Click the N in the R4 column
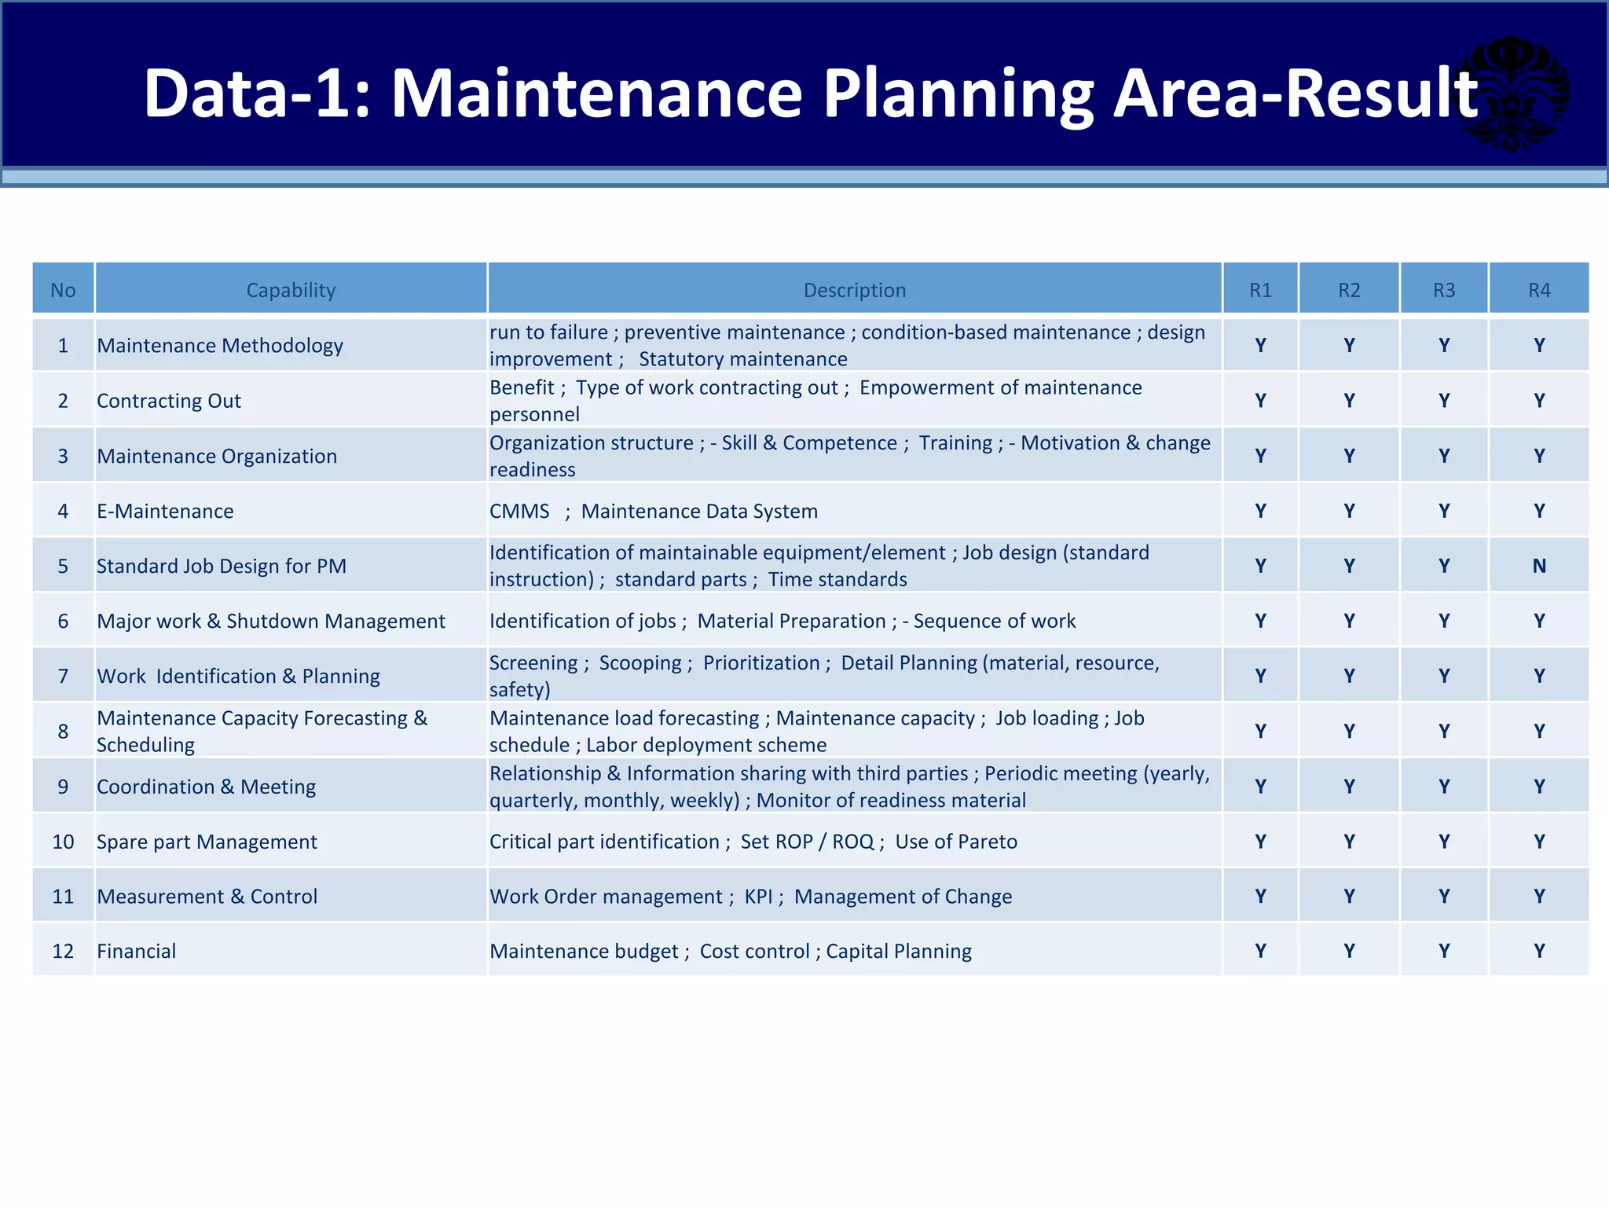[1538, 566]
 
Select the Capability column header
[291, 290]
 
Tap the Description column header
[854, 290]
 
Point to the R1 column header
[1260, 290]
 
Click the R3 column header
[1443, 290]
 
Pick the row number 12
[63, 951]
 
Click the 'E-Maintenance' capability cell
[165, 511]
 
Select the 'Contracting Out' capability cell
[168, 401]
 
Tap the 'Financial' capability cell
[136, 951]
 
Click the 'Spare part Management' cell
[207, 842]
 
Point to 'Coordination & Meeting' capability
[206, 787]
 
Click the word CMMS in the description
[519, 511]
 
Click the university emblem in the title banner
[1512, 93]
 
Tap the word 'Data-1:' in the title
[256, 94]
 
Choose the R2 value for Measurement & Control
[1349, 896]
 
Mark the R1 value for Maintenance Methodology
[1260, 345]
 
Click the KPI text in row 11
[758, 897]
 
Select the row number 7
[63, 676]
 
